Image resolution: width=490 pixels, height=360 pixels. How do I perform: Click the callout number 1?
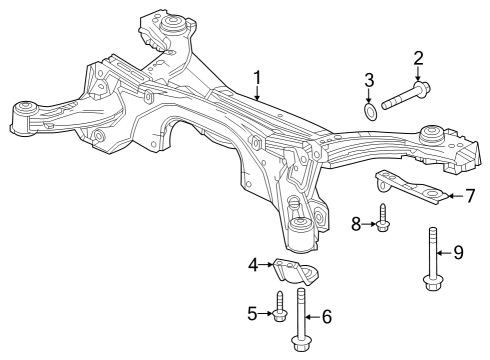pyautogui.click(x=257, y=77)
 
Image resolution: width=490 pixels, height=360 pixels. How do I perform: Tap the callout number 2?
pyautogui.click(x=418, y=61)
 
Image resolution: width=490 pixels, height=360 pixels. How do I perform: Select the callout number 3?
pyautogui.click(x=370, y=80)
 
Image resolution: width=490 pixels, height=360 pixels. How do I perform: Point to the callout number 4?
pyautogui.click(x=254, y=265)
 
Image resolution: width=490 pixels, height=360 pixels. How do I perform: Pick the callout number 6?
pyautogui.click(x=326, y=317)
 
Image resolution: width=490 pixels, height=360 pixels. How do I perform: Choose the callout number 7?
pyautogui.click(x=469, y=196)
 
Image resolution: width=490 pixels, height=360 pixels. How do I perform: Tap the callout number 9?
pyautogui.click(x=459, y=252)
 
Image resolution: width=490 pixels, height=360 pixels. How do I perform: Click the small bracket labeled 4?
pyautogui.click(x=294, y=271)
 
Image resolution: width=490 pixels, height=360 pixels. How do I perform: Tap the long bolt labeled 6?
pyautogui.click(x=301, y=320)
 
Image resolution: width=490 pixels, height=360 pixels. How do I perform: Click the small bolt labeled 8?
pyautogui.click(x=383, y=218)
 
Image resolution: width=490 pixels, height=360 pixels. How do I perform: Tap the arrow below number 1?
pyautogui.click(x=257, y=94)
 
